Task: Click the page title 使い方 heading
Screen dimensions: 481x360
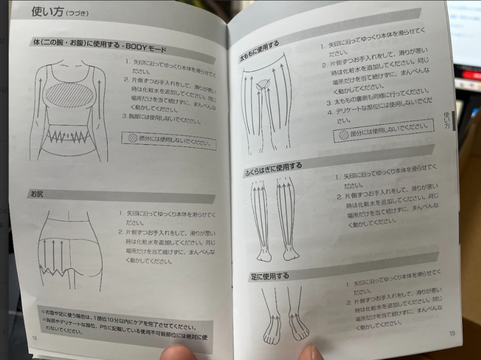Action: coord(47,12)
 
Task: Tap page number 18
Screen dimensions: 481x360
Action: coord(35,338)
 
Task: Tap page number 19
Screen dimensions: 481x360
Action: coord(452,333)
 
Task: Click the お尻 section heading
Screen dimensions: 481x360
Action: coord(37,194)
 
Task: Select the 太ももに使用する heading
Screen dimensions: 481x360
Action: coord(259,52)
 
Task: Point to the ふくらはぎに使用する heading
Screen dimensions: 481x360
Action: coord(273,169)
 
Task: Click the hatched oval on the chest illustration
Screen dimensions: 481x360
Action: coord(70,95)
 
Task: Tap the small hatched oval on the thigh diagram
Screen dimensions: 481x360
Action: coord(263,84)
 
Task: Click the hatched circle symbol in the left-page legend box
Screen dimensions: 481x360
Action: coord(132,138)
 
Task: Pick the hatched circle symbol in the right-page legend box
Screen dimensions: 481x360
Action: coord(344,135)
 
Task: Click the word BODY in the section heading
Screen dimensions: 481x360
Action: coord(136,47)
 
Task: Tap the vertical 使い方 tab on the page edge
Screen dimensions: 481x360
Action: coord(447,120)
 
